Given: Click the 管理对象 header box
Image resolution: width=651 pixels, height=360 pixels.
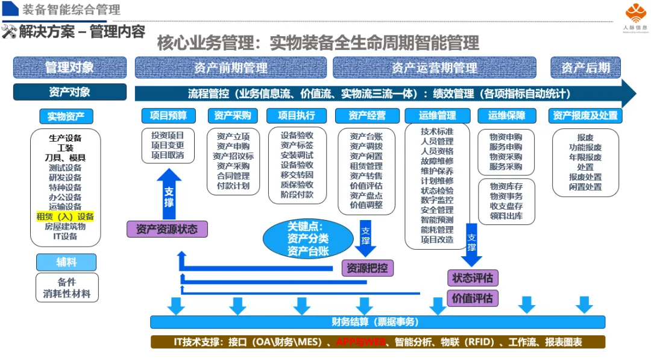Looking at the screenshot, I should click(x=70, y=68).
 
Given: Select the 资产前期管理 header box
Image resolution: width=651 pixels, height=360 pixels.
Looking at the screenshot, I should click(x=230, y=68).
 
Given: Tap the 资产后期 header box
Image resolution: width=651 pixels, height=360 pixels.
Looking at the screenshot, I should click(x=585, y=68).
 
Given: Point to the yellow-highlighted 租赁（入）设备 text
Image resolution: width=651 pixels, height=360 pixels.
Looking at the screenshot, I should click(x=65, y=216).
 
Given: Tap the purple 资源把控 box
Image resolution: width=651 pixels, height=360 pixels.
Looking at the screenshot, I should click(x=368, y=268).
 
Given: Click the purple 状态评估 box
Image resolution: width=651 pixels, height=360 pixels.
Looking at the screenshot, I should click(x=473, y=278).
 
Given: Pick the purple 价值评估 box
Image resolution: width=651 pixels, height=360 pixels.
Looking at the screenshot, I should click(x=473, y=297).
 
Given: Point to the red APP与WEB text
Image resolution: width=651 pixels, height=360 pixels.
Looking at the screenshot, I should click(x=360, y=342).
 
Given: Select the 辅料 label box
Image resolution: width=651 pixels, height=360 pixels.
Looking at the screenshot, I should click(x=66, y=262).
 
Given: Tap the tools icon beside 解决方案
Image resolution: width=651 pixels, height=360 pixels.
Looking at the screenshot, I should click(x=8, y=31).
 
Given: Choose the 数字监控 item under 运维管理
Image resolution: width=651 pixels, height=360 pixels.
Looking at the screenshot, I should click(x=437, y=200).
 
